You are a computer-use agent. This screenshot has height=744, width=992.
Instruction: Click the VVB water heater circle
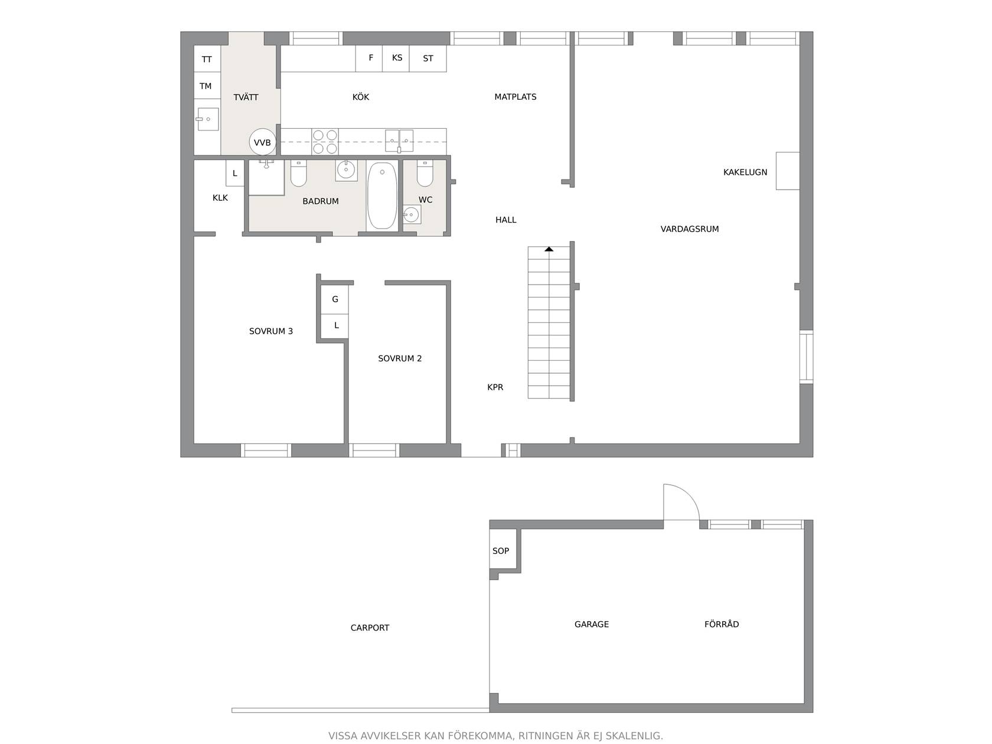pyautogui.click(x=262, y=142)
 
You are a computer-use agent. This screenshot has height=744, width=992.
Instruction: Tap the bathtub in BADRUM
pyautogui.click(x=382, y=195)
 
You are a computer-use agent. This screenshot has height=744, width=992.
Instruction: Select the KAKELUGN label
pyautogui.click(x=745, y=172)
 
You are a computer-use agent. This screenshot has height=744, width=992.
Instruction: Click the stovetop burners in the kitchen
pyautogui.click(x=325, y=141)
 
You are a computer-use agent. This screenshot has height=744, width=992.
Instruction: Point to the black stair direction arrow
pyautogui.click(x=549, y=249)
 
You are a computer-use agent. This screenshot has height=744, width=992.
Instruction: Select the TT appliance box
pyautogui.click(x=207, y=58)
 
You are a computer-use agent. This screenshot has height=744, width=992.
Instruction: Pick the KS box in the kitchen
pyautogui.click(x=396, y=58)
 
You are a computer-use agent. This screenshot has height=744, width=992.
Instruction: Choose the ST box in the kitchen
pyautogui.click(x=428, y=58)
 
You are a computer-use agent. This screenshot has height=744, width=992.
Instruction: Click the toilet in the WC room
pyautogui.click(x=425, y=173)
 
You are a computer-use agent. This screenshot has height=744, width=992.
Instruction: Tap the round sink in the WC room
pyautogui.click(x=411, y=214)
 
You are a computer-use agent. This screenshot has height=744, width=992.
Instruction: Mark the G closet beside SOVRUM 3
pyautogui.click(x=334, y=299)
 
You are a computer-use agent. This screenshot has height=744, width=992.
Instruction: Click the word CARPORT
pyautogui.click(x=370, y=628)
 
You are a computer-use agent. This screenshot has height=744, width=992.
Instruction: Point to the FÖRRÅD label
pyautogui.click(x=722, y=624)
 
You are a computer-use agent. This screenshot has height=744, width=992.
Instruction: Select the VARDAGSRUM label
pyautogui.click(x=689, y=229)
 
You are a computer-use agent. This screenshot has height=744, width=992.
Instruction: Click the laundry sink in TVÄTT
pyautogui.click(x=207, y=119)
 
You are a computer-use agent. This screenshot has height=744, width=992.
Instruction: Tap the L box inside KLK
pyautogui.click(x=235, y=173)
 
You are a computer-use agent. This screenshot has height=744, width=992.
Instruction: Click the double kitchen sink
pyautogui.click(x=399, y=141)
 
